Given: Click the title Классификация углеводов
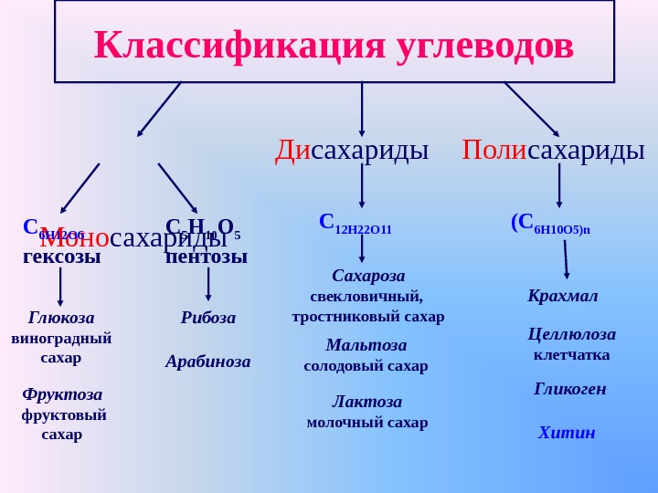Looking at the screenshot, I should click(334, 44).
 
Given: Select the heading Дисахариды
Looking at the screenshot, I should click(352, 150).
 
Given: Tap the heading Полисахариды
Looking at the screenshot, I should click(553, 150).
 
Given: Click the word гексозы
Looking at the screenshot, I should click(61, 257).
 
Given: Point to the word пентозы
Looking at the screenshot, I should click(207, 257).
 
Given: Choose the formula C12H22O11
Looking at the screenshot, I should click(356, 224).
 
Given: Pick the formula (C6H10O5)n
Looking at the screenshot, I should click(550, 224).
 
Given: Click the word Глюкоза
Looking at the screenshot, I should click(61, 318).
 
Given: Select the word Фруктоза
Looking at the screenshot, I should click(62, 394).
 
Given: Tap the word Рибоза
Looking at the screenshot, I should click(207, 318).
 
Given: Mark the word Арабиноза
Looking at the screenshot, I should click(207, 362).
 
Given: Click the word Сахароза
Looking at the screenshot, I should click(368, 276).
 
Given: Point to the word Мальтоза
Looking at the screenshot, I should click(366, 345).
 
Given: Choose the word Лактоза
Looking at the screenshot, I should click(366, 402).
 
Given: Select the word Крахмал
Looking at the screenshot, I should click(562, 296).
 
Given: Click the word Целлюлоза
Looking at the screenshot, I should click(571, 334).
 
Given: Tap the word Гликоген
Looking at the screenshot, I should click(569, 389).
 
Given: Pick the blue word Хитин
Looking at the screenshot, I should click(567, 433).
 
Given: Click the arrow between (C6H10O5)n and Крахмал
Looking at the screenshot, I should click(566, 259).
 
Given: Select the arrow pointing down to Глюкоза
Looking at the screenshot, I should click(60, 286).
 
